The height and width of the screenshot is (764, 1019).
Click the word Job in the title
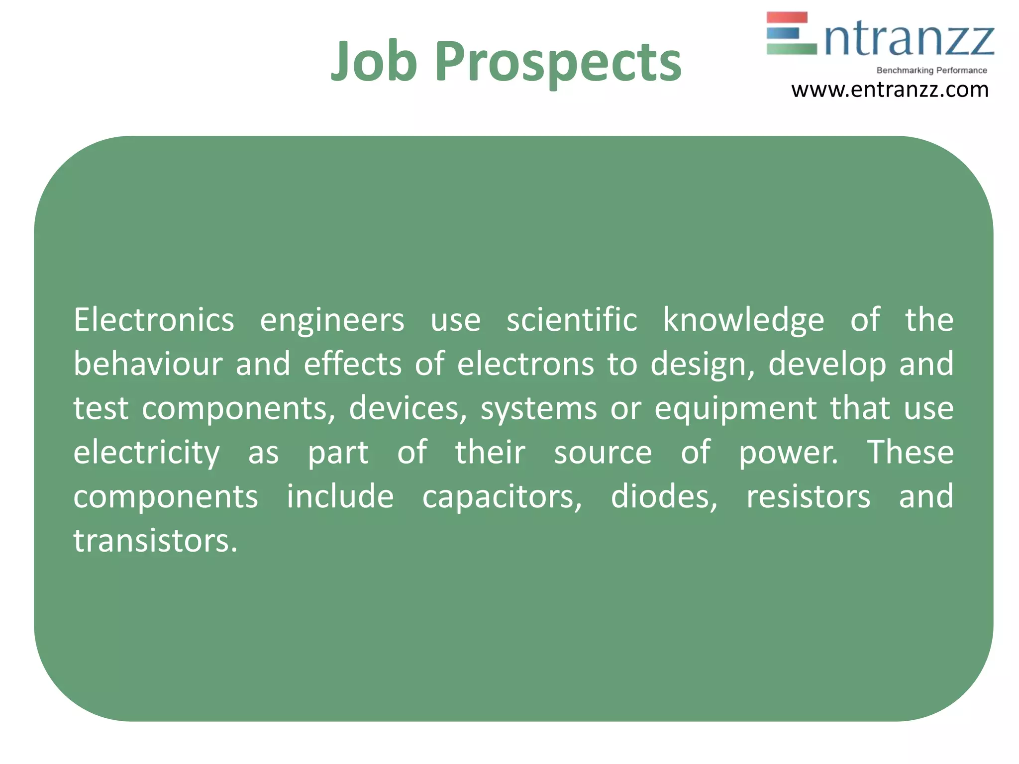pyautogui.click(x=374, y=62)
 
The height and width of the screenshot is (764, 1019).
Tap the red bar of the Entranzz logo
pyautogui.click(x=787, y=18)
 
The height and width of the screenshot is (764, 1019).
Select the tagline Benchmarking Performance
pyautogui.click(x=931, y=71)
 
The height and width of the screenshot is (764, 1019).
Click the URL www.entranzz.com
pyautogui.click(x=890, y=90)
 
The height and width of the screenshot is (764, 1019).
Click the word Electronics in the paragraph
pyautogui.click(x=154, y=320)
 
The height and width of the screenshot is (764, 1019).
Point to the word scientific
pyautogui.click(x=572, y=320)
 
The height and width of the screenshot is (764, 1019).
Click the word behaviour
pyautogui.click(x=148, y=364)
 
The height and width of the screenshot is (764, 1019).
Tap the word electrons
pyautogui.click(x=525, y=364)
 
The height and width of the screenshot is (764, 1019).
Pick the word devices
pyautogui.click(x=408, y=408)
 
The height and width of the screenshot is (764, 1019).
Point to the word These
pyautogui.click(x=910, y=452)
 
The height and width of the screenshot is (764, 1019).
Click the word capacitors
pyautogui.click(x=502, y=497)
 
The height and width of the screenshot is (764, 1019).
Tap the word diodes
pyautogui.click(x=664, y=497)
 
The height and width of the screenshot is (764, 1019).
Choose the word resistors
pyautogui.click(x=808, y=497)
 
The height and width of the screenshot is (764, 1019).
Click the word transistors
pyautogui.click(x=155, y=541)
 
